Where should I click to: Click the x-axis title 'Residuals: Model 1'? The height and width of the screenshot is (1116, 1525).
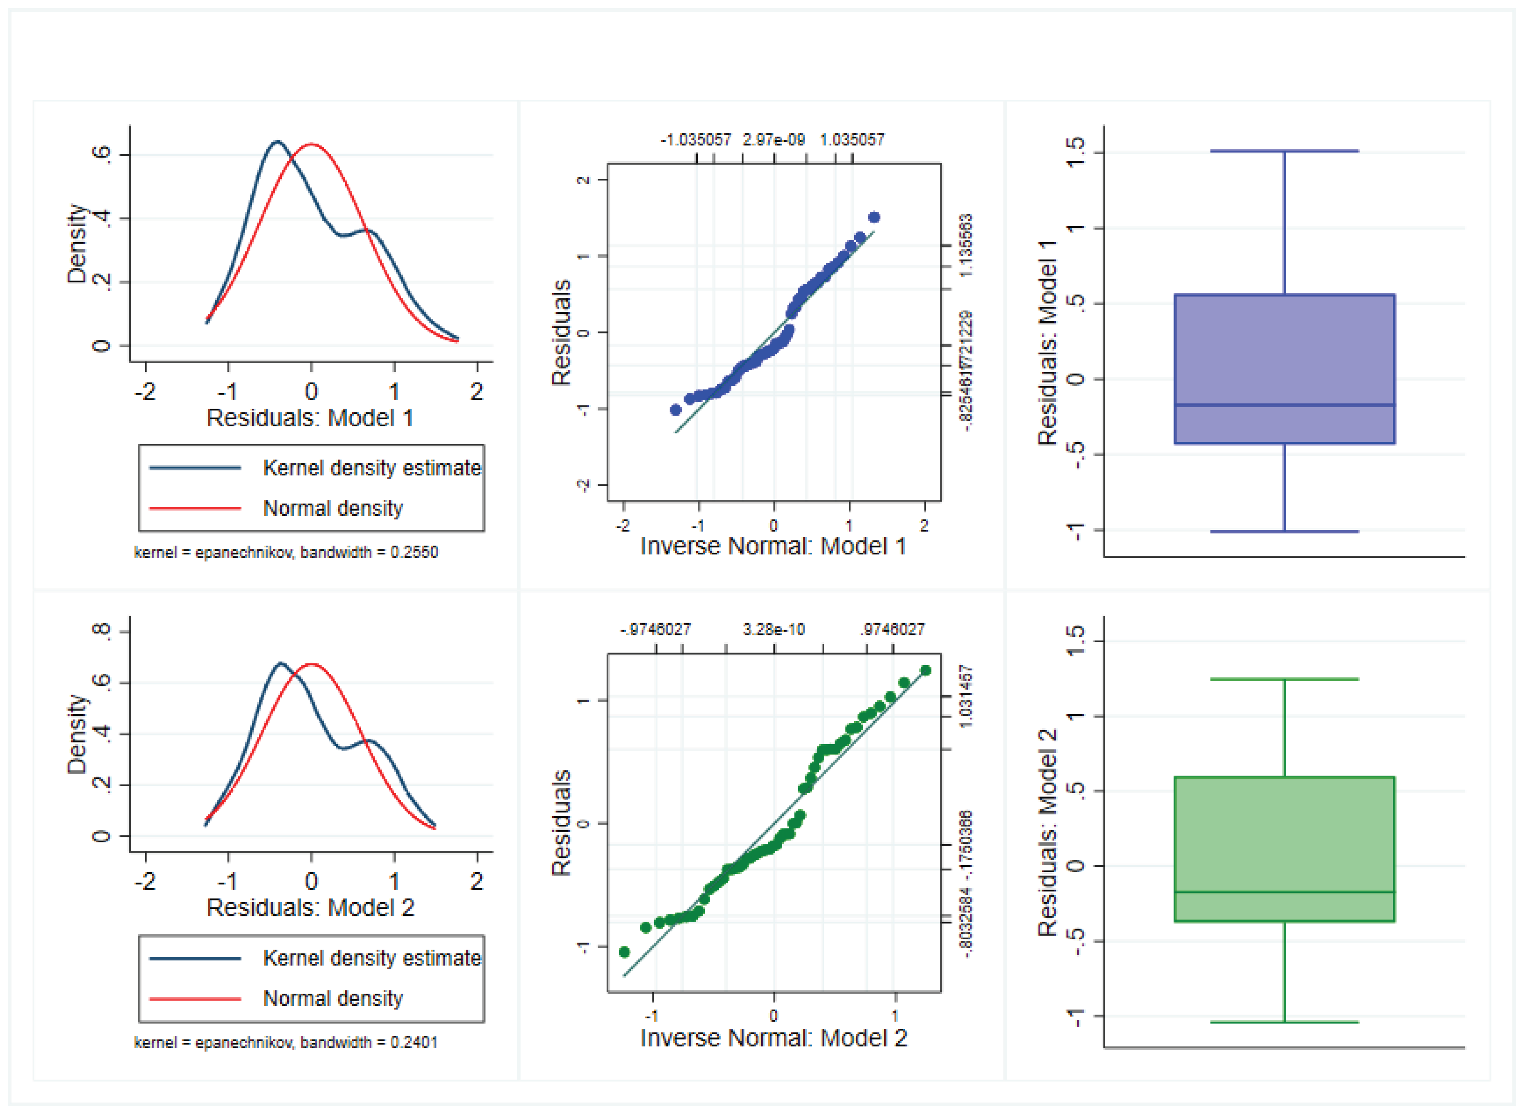tap(310, 418)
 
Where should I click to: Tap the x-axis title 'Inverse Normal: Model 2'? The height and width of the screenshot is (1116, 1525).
tap(774, 1037)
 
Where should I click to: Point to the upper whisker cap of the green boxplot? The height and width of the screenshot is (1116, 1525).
tap(1284, 679)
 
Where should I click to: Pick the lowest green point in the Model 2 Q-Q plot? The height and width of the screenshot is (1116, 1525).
tap(624, 952)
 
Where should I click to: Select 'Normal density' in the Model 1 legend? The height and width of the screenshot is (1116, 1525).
tap(333, 508)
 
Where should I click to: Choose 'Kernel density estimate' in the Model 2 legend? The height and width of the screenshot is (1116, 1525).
tap(371, 958)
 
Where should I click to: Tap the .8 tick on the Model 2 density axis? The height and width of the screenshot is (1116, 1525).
tap(101, 631)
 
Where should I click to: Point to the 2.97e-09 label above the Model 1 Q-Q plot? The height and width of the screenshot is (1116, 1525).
tap(774, 140)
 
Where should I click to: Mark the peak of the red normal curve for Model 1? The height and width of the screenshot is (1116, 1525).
tap(311, 144)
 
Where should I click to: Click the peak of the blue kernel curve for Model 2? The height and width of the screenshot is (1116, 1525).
tap(281, 664)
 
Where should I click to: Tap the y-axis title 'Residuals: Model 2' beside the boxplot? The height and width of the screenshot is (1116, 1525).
tap(1047, 832)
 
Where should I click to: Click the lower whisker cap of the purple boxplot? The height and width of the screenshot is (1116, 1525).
tap(1284, 532)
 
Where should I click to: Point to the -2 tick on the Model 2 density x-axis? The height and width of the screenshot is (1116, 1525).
tap(145, 881)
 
